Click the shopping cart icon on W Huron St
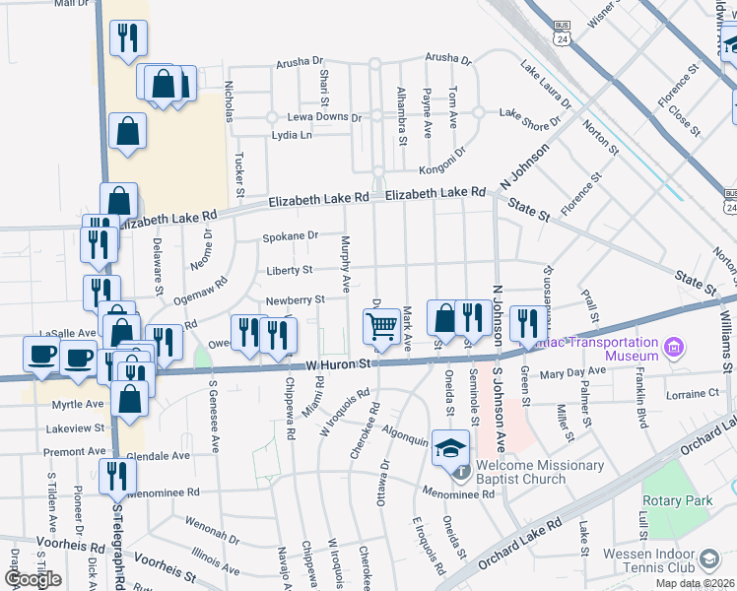click(379, 325)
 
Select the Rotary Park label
click(678, 500)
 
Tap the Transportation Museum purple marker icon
click(674, 347)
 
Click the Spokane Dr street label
click(290, 236)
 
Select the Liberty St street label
click(289, 270)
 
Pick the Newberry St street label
click(295, 300)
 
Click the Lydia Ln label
click(292, 135)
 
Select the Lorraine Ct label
click(694, 394)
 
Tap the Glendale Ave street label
click(158, 456)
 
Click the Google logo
click(33, 578)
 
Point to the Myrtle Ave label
click(79, 404)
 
